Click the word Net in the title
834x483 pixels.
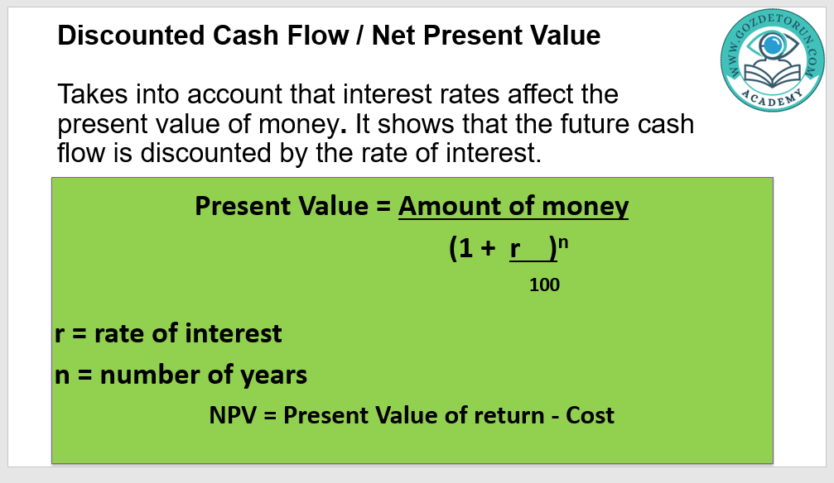coord(394,36)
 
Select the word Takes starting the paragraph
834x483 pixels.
coord(93,94)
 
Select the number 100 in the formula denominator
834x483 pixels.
coord(544,285)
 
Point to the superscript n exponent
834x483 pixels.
coord(563,243)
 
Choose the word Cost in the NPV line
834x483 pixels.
coord(590,415)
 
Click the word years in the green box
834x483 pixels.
coord(273,375)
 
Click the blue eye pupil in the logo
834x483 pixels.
coord(773,45)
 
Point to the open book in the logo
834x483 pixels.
coord(773,74)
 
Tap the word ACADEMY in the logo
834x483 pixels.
coord(773,98)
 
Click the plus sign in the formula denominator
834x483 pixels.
coord(487,248)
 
